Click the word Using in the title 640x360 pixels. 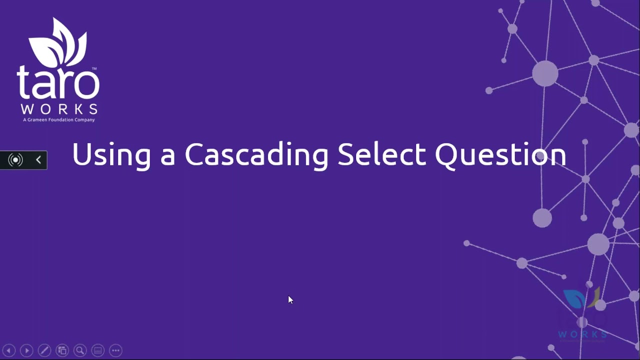[x=111, y=154]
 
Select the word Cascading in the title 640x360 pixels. [x=256, y=154]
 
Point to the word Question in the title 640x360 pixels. [x=500, y=155]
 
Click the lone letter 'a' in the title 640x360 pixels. [x=167, y=156]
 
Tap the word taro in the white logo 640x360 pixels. [x=58, y=83]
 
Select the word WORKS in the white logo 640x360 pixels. [x=58, y=109]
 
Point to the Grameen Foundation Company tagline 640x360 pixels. [x=58, y=120]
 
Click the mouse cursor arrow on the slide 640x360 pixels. [x=290, y=299]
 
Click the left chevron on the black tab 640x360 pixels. [x=38, y=160]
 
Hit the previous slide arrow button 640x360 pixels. [x=8, y=350]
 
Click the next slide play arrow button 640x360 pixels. [x=26, y=350]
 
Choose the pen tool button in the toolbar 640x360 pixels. [x=44, y=350]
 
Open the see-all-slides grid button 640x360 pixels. [x=62, y=350]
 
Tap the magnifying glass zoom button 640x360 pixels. [x=80, y=350]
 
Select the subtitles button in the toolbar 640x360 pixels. [x=98, y=350]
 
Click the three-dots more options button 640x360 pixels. [x=115, y=350]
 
